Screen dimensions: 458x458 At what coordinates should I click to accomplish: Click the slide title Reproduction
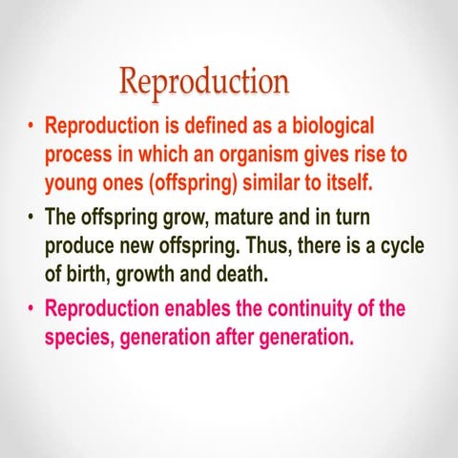204,82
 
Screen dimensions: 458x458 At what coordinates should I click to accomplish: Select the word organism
255,154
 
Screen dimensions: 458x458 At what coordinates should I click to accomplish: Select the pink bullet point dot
31,310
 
